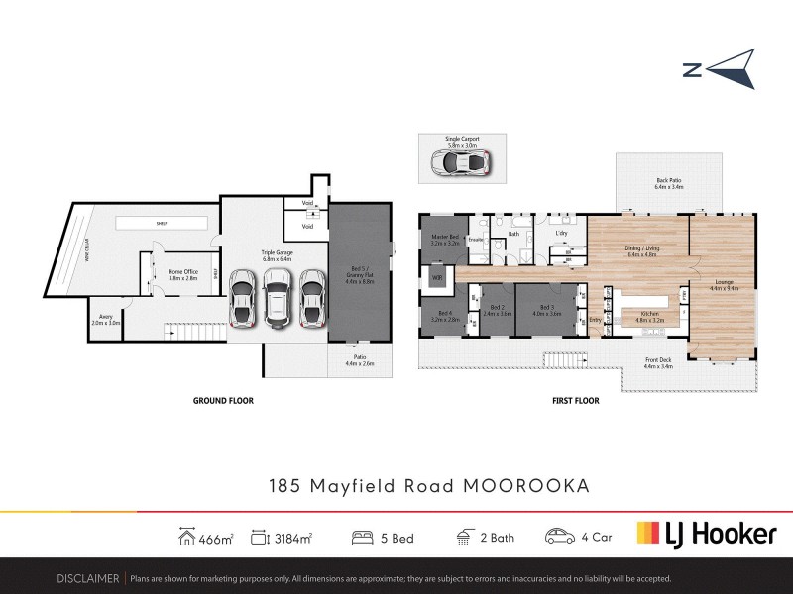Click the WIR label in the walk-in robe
click(x=436, y=278)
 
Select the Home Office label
click(x=181, y=273)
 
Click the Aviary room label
click(x=105, y=320)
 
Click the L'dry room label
click(x=560, y=234)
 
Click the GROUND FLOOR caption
click(x=223, y=401)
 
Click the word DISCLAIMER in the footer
click(x=89, y=578)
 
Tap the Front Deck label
click(x=658, y=362)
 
